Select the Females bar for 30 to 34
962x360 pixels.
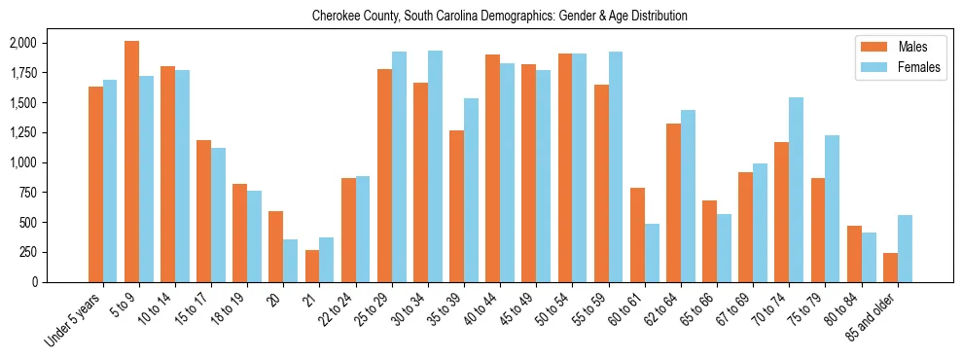click(435, 166)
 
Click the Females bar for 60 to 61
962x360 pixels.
click(652, 253)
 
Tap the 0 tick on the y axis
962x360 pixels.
click(60, 282)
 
